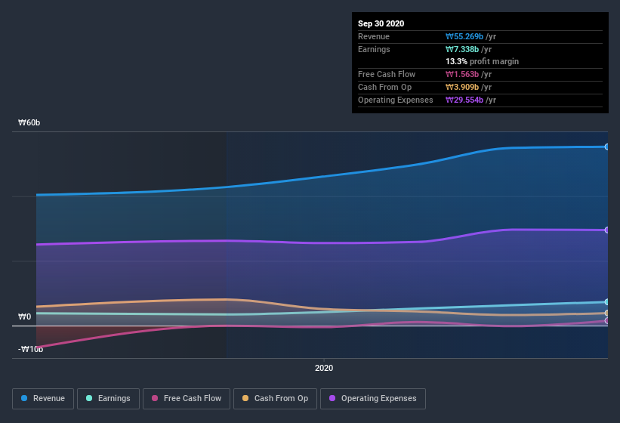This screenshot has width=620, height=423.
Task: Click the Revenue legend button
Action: pos(42,398)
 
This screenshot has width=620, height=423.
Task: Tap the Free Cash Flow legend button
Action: pos(186,398)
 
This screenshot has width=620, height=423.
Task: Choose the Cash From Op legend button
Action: pos(275,398)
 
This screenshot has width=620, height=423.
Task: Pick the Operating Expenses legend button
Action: pos(372,398)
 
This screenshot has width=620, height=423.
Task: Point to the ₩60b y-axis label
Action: pos(30,122)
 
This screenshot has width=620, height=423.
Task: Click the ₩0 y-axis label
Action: pos(24,317)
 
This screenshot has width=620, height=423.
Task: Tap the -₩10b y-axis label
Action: pos(30,349)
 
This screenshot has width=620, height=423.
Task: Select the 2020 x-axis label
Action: pos(323,368)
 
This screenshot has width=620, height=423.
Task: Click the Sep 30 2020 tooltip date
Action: pos(381,23)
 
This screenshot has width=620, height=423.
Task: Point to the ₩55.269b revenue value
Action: pos(464,36)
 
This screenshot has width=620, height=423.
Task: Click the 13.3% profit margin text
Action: pos(482,61)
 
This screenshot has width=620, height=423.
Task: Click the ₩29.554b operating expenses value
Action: pos(464,100)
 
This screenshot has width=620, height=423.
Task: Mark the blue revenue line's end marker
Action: pos(607,147)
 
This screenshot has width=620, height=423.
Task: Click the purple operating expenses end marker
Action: pos(607,230)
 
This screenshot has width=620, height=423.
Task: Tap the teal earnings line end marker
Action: pos(607,301)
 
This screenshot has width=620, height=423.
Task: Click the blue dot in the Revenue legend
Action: pos(24,398)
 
